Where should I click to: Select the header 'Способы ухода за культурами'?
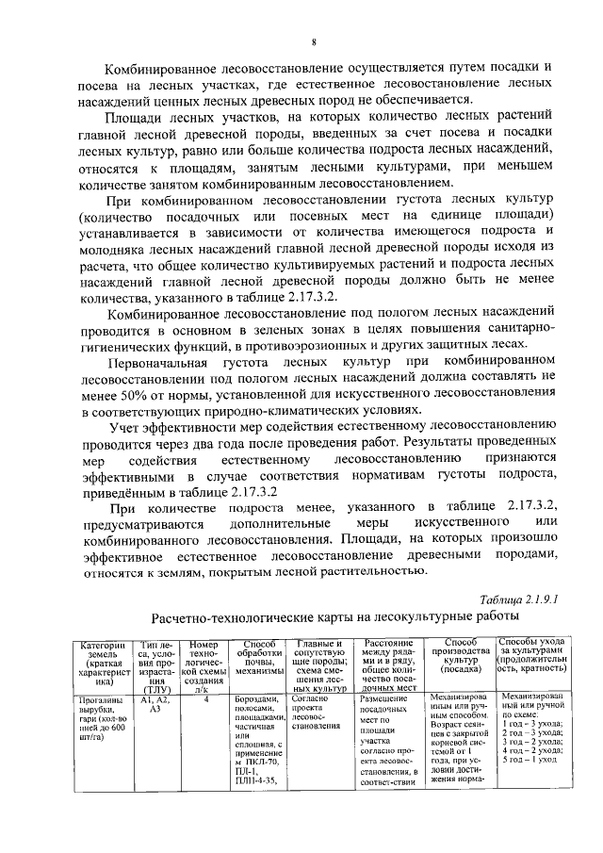[531, 656]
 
